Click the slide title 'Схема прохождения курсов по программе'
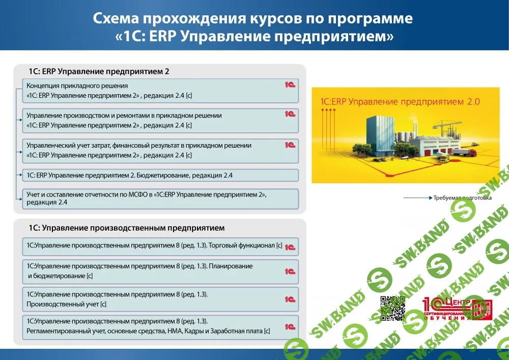click(x=253, y=19)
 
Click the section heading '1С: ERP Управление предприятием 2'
click(x=99, y=71)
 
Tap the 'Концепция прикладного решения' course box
click(x=160, y=91)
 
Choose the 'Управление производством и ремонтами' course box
click(x=160, y=121)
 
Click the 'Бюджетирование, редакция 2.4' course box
click(x=160, y=176)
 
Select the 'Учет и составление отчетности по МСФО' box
click(x=160, y=199)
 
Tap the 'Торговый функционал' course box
click(x=160, y=246)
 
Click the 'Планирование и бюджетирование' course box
click(x=160, y=271)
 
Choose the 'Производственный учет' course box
click(x=160, y=300)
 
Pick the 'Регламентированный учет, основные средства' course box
click(x=160, y=326)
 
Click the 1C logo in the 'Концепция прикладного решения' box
click(x=290, y=85)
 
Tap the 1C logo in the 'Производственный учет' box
click(x=290, y=300)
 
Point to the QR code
click(x=393, y=308)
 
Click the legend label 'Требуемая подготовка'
click(x=463, y=198)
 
